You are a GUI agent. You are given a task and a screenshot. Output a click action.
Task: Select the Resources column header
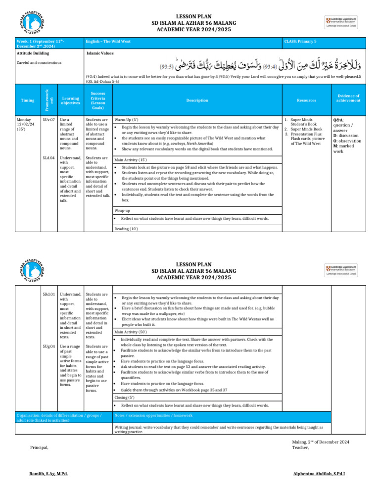click(307, 100)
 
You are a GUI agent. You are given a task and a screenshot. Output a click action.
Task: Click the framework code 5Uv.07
click(48, 119)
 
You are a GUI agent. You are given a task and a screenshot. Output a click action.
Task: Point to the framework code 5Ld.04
click(48, 158)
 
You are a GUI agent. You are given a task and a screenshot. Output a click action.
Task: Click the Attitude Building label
click(33, 52)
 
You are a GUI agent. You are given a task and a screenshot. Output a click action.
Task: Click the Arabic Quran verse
click(262, 63)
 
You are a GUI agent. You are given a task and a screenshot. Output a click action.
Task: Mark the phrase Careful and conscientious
click(39, 63)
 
